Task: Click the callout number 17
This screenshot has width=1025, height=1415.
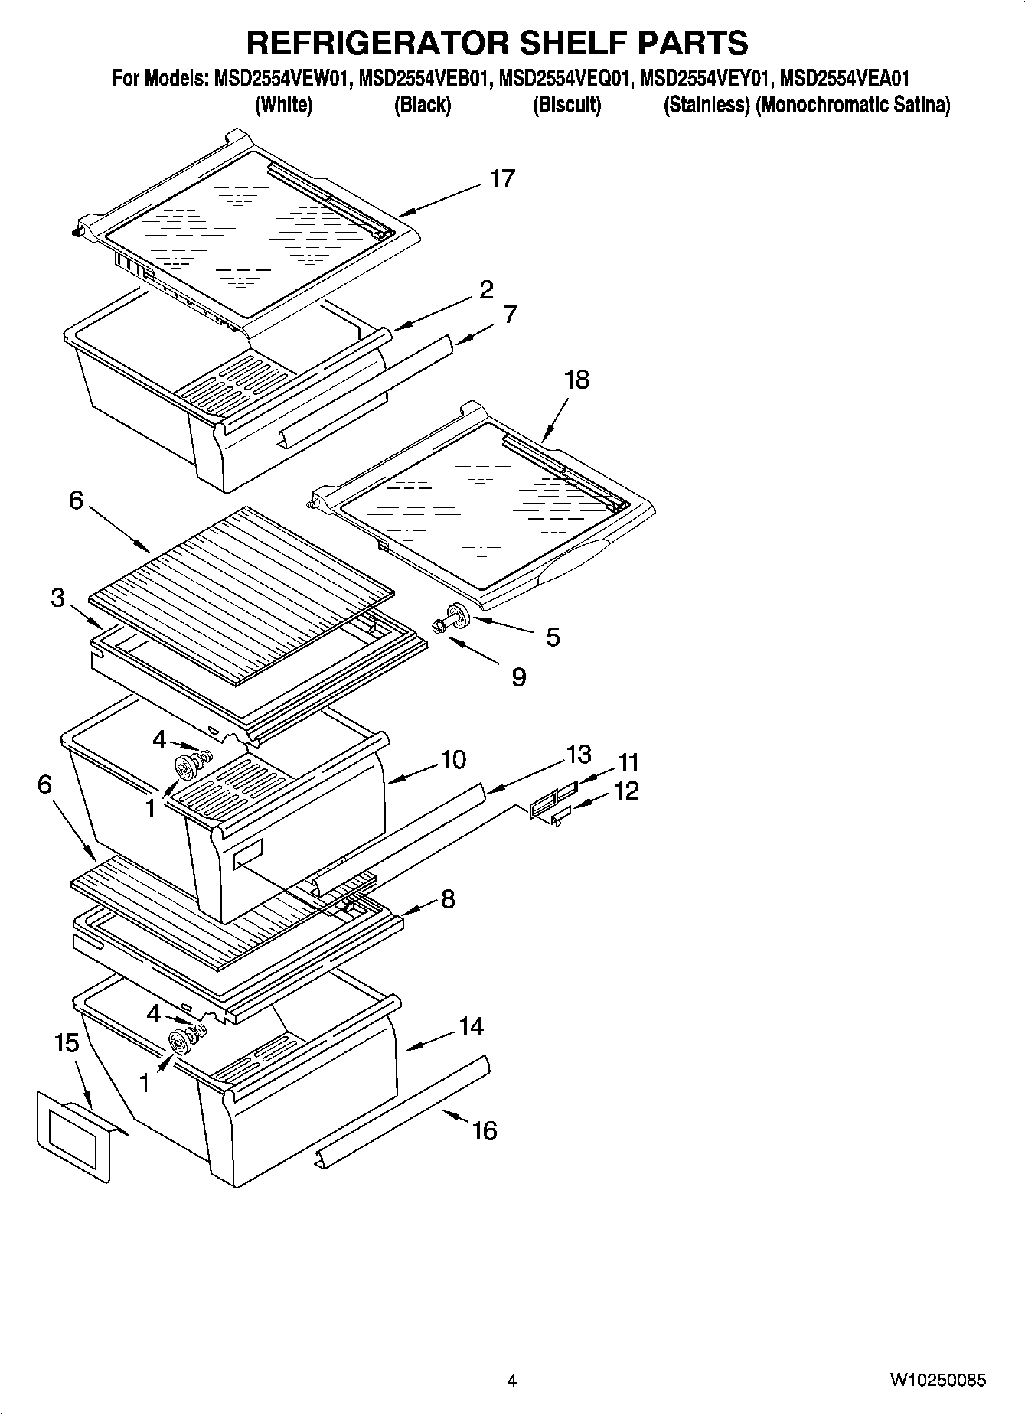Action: pos(502,179)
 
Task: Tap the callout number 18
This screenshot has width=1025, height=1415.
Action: pos(577,380)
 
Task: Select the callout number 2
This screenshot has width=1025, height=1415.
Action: pos(486,290)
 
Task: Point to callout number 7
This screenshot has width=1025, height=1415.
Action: pos(510,314)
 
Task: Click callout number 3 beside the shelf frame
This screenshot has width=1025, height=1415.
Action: pos(58,598)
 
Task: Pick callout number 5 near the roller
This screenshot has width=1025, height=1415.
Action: pos(552,637)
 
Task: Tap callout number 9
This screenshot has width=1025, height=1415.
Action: pos(518,677)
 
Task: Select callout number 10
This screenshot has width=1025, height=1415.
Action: pos(452,760)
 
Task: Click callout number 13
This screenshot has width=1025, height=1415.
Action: pos(579,755)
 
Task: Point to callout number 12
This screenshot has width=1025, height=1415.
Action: pos(625,791)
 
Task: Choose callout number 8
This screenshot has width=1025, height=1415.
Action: pos(448,898)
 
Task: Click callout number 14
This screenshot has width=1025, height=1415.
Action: pos(471,1026)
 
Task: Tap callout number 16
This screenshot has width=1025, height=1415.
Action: pos(484,1130)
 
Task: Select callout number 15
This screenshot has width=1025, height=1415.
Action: pos(67,1042)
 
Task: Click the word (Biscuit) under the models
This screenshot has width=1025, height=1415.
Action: pos(566,105)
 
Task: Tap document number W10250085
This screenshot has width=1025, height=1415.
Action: pos(937,1381)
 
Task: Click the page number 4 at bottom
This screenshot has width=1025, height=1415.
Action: pos(511,1381)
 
